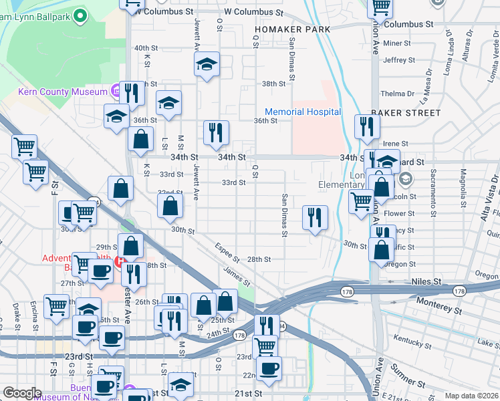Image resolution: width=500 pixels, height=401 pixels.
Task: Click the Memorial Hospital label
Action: tap(303, 112)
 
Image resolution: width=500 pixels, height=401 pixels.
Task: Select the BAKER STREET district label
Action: tap(406, 113)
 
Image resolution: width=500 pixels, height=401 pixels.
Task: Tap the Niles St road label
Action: tap(428, 282)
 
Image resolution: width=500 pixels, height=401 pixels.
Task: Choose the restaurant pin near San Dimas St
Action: tap(315, 217)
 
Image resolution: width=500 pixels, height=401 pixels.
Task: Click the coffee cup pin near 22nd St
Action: tap(269, 368)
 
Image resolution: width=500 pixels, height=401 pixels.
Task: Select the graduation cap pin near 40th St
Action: tap(207, 65)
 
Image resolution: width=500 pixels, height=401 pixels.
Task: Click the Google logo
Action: tap(22, 393)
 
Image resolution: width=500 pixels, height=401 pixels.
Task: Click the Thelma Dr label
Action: tap(394, 94)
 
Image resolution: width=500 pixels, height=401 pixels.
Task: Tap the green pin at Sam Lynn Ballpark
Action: tap(81, 14)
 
